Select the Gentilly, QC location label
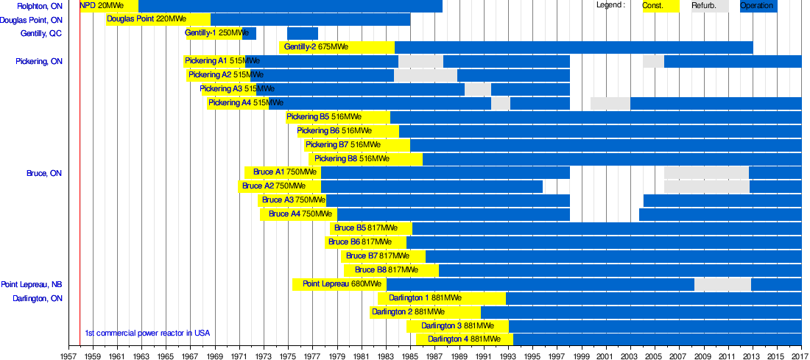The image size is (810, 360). click(41, 34)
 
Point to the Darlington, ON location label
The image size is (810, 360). click(38, 299)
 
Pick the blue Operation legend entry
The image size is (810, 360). click(758, 6)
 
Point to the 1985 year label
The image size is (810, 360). click(410, 354)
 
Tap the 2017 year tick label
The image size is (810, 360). click(800, 354)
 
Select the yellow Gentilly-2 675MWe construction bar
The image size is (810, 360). click(337, 47)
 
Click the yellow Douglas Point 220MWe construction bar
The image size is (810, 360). click(158, 19)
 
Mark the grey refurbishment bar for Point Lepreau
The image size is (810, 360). click(722, 284)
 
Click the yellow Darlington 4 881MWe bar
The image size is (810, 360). click(464, 339)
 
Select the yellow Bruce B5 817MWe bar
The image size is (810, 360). click(370, 228)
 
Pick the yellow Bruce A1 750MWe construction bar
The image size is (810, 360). click(282, 172)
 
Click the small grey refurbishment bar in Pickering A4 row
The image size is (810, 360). click(500, 103)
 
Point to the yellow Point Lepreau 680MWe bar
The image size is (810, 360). click(339, 284)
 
